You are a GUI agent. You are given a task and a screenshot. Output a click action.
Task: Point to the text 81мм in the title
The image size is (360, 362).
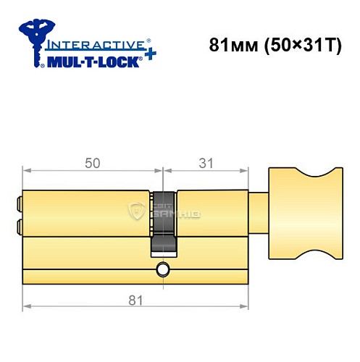point(227,46)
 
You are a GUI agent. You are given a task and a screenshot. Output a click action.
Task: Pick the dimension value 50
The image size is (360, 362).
point(92,164)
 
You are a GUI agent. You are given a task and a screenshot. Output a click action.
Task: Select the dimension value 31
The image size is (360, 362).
point(207,164)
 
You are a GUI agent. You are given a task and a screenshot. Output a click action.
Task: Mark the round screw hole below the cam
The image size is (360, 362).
point(163,271)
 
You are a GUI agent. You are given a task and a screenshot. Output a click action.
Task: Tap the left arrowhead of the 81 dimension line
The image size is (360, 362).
point(26,307)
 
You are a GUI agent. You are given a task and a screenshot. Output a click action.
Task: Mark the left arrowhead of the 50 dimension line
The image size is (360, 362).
point(26,172)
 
